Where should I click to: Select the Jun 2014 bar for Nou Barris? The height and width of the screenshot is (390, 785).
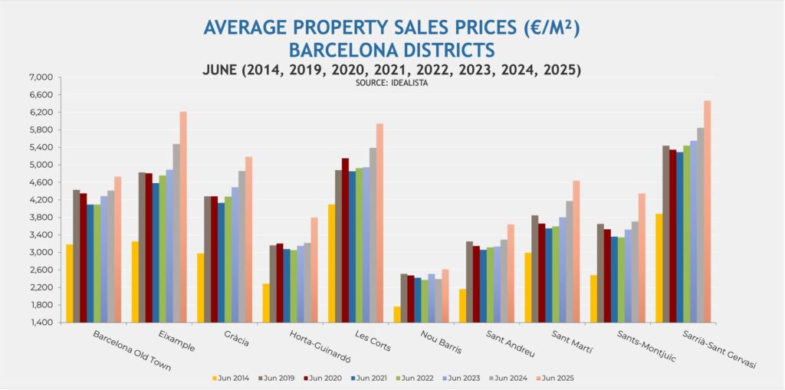(x=397, y=314)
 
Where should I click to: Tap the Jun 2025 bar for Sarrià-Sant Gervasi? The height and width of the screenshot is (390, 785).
(x=708, y=211)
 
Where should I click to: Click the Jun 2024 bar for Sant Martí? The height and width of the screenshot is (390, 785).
(x=569, y=261)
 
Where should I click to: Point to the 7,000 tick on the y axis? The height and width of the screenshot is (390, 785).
(x=40, y=77)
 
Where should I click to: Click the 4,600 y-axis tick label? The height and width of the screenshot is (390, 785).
(x=40, y=182)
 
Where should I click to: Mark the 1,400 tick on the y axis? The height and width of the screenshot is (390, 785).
(x=40, y=323)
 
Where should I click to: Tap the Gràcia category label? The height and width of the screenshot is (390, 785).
(x=234, y=340)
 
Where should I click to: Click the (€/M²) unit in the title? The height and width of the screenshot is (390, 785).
(x=547, y=28)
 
